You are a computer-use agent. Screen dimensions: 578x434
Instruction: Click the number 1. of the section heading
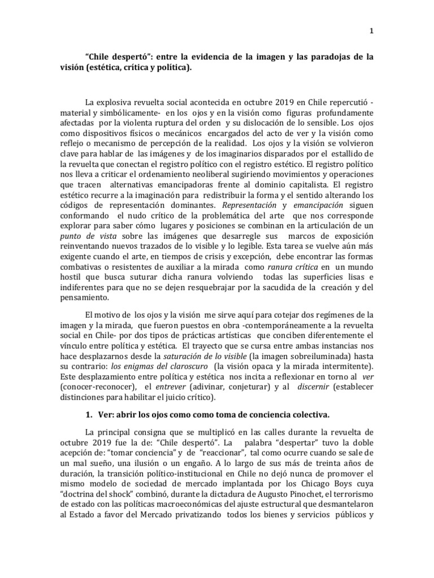89,415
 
